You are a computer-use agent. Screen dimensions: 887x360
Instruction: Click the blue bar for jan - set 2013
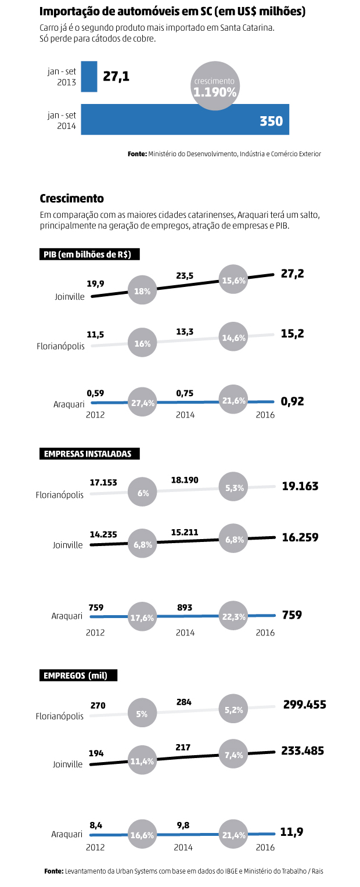tap(89, 77)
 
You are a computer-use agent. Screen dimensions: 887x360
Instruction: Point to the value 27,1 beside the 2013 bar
tap(116, 77)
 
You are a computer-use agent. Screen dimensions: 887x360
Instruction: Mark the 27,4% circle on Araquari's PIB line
tap(142, 402)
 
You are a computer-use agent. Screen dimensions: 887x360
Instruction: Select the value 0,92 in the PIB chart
tap(293, 401)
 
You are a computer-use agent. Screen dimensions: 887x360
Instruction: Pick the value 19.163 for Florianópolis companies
tap(300, 486)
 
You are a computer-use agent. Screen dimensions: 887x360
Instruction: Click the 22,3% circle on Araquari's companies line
tap(235, 616)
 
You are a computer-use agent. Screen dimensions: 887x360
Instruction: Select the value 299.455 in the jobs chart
tap(304, 705)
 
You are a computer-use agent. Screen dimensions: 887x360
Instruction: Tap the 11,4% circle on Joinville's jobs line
tap(142, 760)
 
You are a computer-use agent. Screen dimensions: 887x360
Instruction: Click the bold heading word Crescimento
tap(71, 198)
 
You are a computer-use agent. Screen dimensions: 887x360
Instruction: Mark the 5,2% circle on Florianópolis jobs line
tap(235, 709)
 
